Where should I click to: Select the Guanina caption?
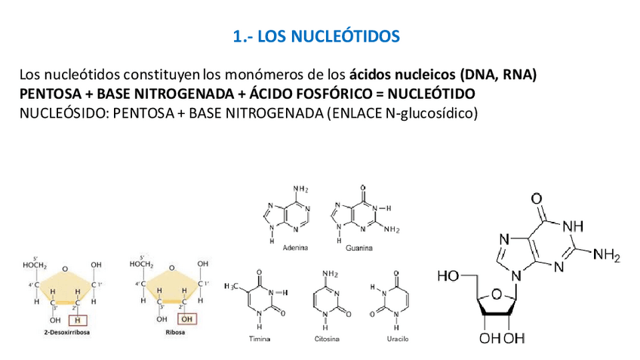coord(358,248)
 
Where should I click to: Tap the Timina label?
coord(260,340)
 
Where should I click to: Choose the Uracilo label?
coord(397,340)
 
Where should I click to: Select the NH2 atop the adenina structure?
coord(300,189)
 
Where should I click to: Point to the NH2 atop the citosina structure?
coord(330,274)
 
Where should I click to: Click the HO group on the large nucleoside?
coord(448,277)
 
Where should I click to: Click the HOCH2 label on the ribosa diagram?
coord(141,264)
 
